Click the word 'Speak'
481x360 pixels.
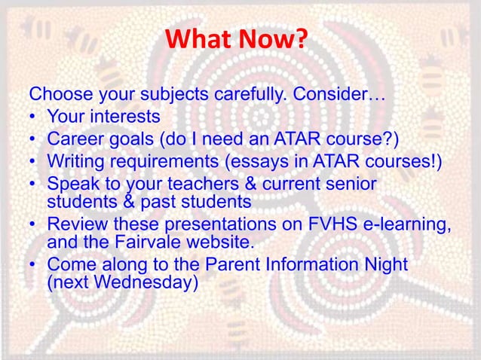point(70,183)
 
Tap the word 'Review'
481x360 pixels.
point(74,224)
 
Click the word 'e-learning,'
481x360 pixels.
point(397,224)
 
